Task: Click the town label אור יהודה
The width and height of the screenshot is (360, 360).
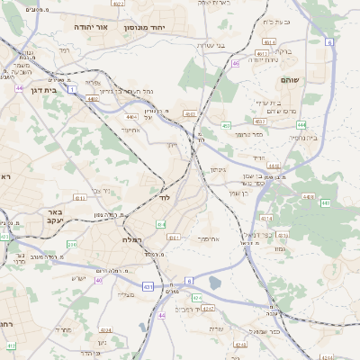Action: click(91, 28)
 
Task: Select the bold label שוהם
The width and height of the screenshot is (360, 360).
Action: click(314, 80)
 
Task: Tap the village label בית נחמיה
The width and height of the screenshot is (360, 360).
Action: click(304, 138)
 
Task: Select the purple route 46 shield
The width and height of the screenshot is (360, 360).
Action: click(235, 64)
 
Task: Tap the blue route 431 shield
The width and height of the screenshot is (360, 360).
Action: click(148, 286)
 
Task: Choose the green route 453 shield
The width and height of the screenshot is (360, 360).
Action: click(226, 126)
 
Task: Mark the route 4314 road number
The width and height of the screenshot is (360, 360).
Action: click(265, 219)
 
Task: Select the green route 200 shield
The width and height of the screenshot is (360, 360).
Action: click(71, 244)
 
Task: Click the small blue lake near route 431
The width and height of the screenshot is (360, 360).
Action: click(214, 283)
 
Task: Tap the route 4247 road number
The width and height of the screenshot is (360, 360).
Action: click(209, 308)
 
